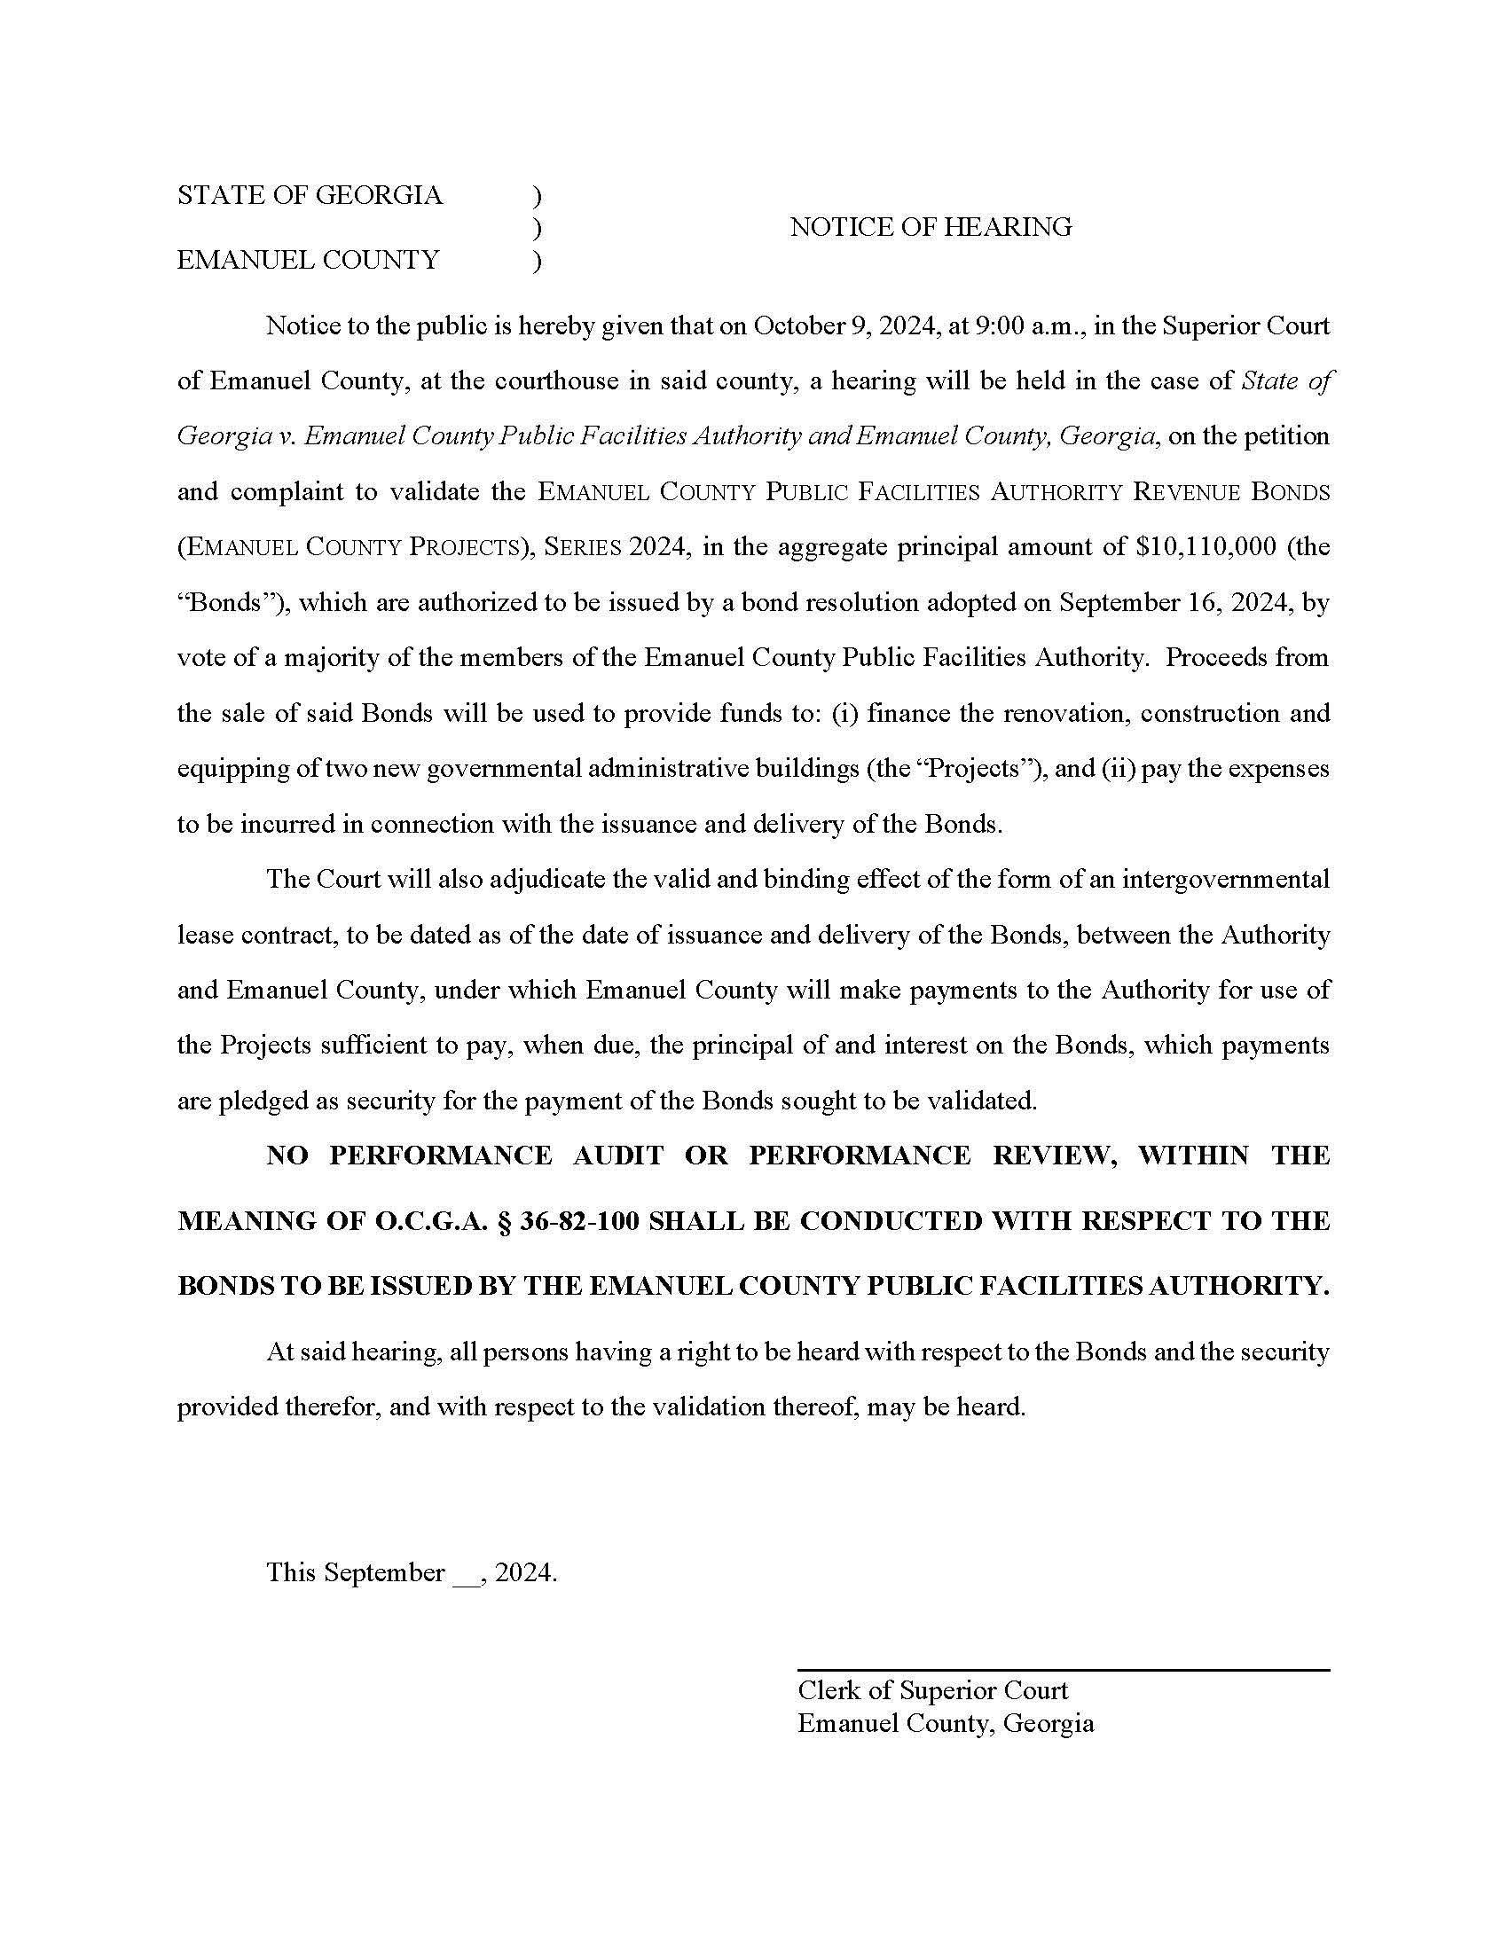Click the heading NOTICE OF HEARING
point(930,227)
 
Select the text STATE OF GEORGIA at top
point(309,195)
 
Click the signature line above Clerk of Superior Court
point(1063,1670)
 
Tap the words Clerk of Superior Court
point(931,1690)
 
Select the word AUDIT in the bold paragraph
point(618,1155)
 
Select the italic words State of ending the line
point(1287,380)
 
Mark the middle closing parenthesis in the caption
point(536,229)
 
